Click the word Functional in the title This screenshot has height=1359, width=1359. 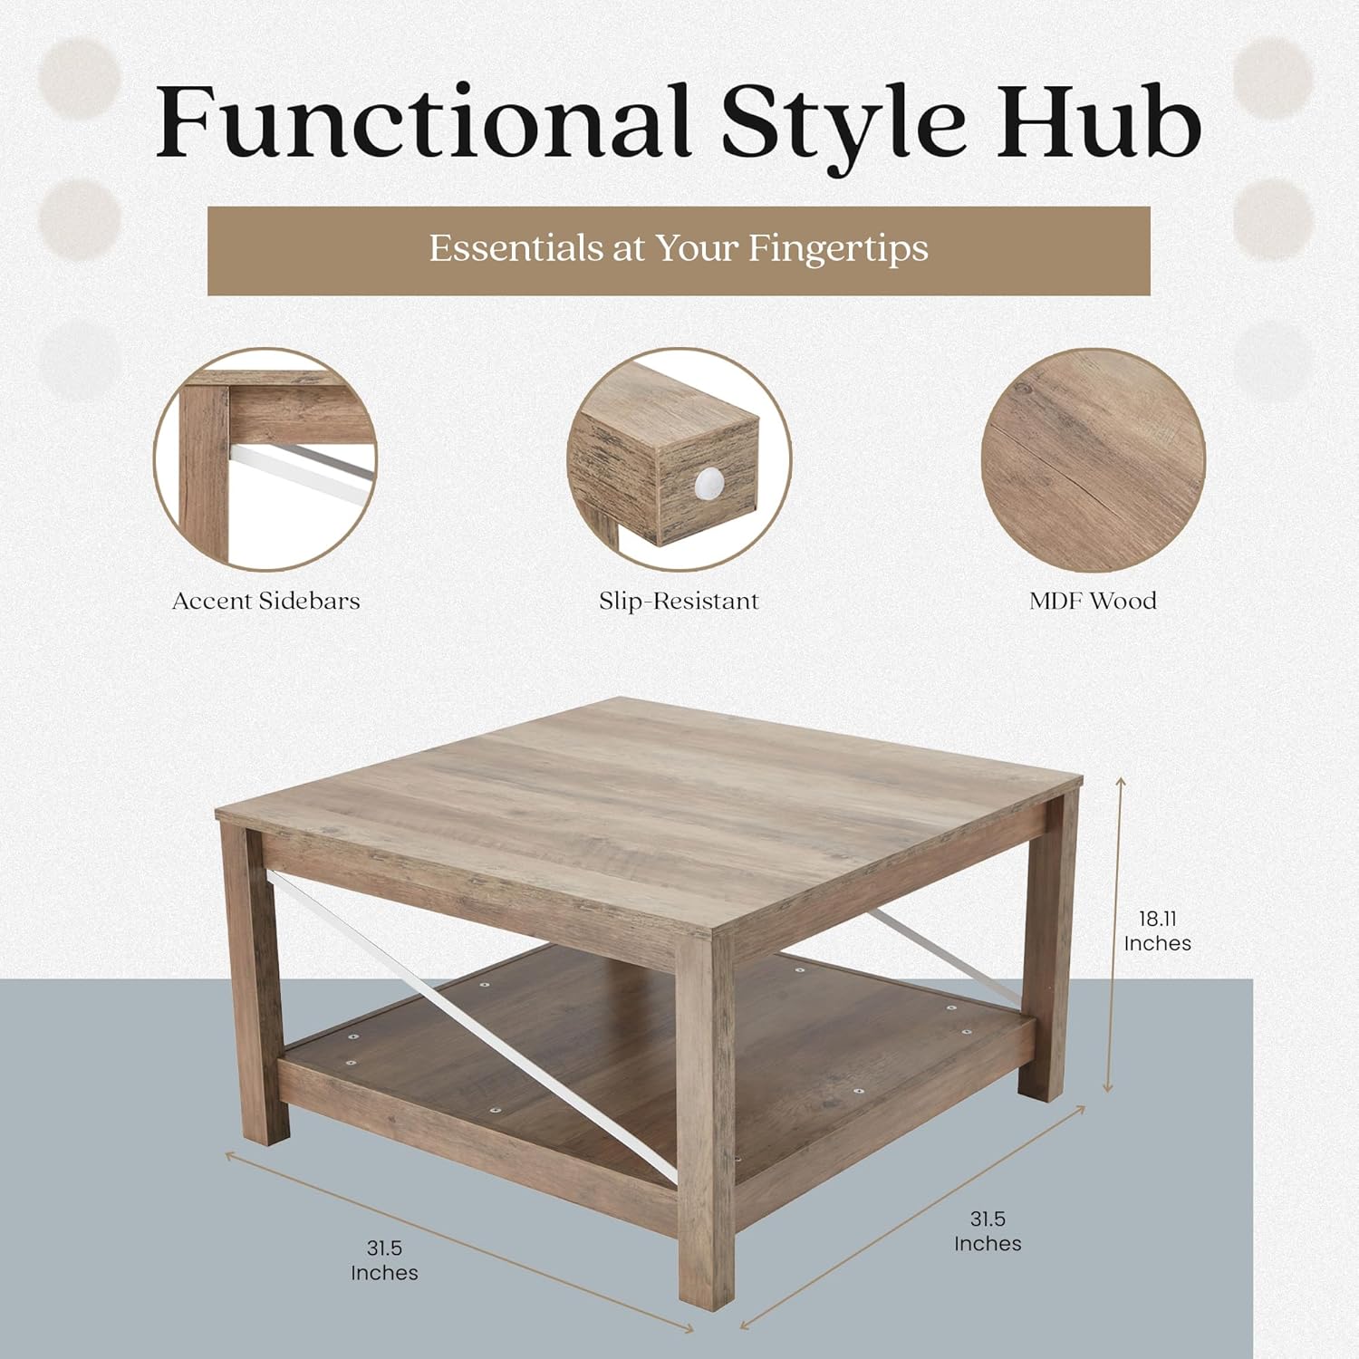[424, 122]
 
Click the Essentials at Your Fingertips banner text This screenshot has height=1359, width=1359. [679, 249]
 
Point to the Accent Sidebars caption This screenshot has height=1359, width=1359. [266, 601]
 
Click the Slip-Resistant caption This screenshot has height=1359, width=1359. [679, 601]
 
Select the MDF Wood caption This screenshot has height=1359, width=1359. [1093, 601]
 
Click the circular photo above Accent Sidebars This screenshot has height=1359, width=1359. [265, 460]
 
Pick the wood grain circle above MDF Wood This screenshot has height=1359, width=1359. [1093, 460]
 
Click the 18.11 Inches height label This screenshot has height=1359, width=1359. [1157, 931]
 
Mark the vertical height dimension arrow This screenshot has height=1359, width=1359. [1114, 933]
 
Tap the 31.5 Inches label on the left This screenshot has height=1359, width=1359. [384, 1261]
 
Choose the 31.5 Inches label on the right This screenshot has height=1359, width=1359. [988, 1231]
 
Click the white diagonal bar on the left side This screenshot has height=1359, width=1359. [471, 1024]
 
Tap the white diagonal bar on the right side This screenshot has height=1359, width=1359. [942, 960]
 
